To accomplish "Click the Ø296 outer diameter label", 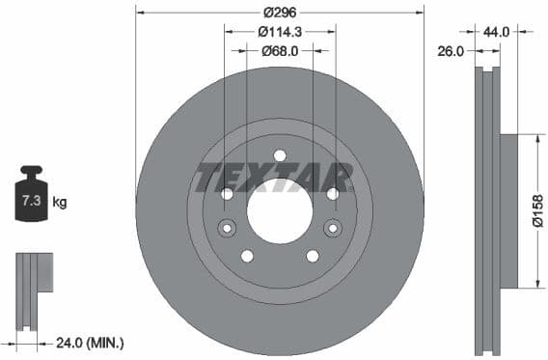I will pyautogui.click(x=280, y=13).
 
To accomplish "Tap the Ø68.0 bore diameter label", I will pyautogui.click(x=280, y=50).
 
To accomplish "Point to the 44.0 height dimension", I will pyautogui.click(x=496, y=32).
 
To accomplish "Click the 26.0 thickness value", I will pyautogui.click(x=452, y=50).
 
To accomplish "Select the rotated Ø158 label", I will pyautogui.click(x=537, y=210).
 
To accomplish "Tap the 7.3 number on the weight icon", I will pyautogui.click(x=31, y=202).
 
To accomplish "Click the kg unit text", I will pyautogui.click(x=60, y=202).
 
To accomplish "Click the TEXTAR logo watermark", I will pyautogui.click(x=274, y=178).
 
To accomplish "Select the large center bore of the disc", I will pyautogui.click(x=280, y=210).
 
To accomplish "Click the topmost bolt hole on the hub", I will pyautogui.click(x=280, y=155).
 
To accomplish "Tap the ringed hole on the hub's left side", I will pyautogui.click(x=228, y=229).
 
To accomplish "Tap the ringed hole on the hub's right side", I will pyautogui.click(x=332, y=229).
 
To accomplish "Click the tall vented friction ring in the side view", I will pyautogui.click(x=488, y=210).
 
